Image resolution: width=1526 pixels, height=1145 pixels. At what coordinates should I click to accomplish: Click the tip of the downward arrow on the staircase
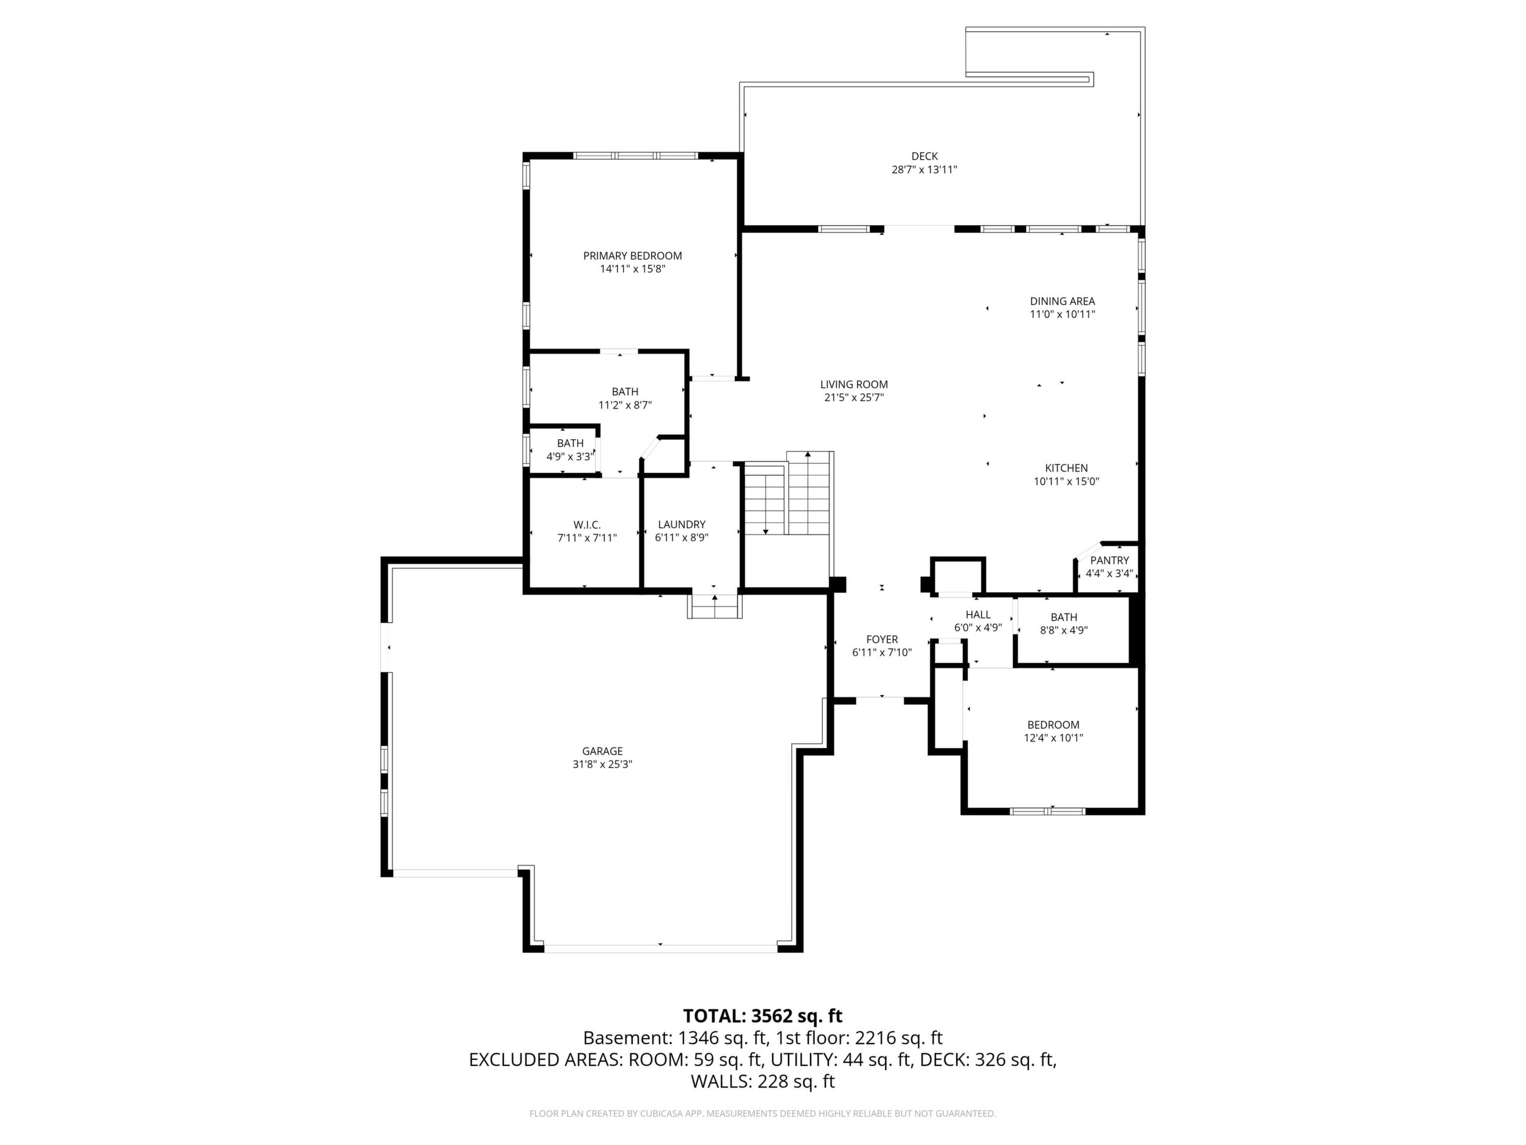(766, 534)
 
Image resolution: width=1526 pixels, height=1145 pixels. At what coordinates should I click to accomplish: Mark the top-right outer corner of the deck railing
(1145, 28)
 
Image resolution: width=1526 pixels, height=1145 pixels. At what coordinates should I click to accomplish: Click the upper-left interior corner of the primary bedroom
(530, 160)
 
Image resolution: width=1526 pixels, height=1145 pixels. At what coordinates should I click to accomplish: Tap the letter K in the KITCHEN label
(1049, 468)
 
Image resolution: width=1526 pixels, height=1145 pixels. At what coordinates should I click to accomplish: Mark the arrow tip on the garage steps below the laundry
(715, 596)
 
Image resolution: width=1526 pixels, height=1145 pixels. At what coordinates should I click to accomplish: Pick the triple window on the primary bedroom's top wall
(635, 156)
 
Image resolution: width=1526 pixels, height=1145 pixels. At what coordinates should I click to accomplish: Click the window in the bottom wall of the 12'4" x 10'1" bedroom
(1047, 811)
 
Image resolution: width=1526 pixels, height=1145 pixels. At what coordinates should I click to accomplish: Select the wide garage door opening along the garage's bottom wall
(661, 948)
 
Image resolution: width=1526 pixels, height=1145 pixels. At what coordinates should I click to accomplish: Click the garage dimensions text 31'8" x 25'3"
(602, 764)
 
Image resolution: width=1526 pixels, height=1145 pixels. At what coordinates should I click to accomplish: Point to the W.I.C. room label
(587, 525)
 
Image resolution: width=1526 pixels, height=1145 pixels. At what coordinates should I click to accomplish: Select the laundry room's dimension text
(682, 538)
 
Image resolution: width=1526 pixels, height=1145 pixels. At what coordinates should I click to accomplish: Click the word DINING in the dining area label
(1046, 301)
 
